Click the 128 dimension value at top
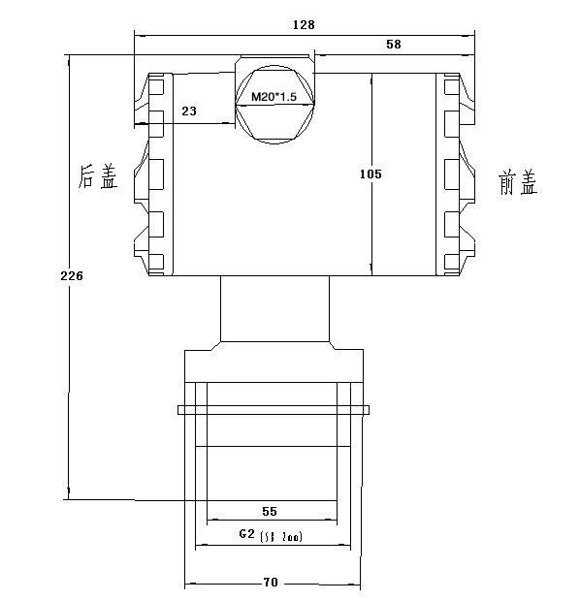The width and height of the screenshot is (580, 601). (x=303, y=24)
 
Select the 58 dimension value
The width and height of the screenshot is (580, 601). (x=393, y=45)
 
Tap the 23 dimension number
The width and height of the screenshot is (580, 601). (x=189, y=112)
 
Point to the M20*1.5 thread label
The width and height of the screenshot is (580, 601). (x=274, y=98)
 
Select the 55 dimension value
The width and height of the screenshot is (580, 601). (x=271, y=510)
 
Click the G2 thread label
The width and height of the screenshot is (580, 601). (x=247, y=535)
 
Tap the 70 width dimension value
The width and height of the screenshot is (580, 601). (x=271, y=583)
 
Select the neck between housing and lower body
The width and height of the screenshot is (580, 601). (x=274, y=308)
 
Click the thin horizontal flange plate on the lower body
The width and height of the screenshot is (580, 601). (x=274, y=410)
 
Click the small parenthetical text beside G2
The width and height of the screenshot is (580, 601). (x=283, y=536)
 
